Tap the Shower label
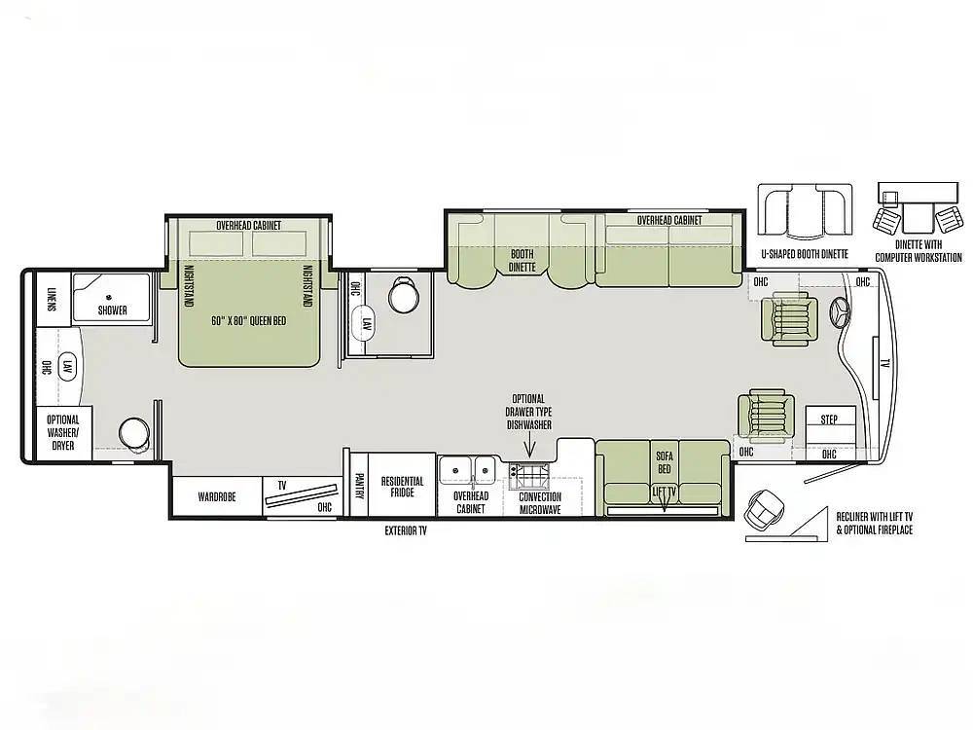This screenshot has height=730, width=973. [x=112, y=310]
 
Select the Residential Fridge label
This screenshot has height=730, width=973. [x=402, y=487]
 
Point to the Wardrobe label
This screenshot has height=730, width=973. [x=217, y=496]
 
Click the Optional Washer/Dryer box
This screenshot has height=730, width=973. [x=63, y=433]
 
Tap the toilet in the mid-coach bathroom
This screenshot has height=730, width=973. [x=404, y=296]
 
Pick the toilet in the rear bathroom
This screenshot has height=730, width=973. [x=134, y=432]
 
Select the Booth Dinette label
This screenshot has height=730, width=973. [x=522, y=261]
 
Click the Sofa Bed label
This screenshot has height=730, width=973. [x=664, y=462]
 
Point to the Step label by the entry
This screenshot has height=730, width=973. [x=829, y=420]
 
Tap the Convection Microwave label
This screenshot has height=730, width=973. [x=540, y=503]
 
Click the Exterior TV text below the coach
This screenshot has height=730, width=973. [x=406, y=530]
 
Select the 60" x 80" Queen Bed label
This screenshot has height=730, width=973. [x=249, y=321]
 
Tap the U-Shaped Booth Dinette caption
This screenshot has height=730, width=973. [x=805, y=254]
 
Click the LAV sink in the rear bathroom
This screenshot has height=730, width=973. [x=67, y=367]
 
